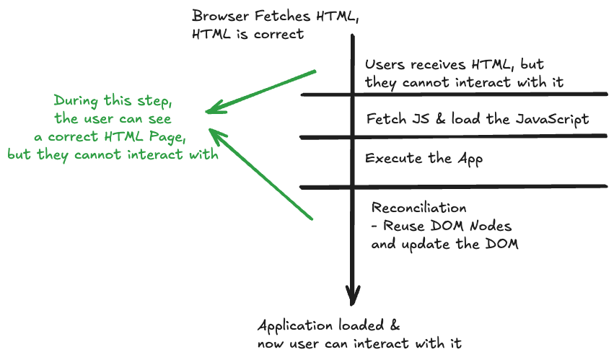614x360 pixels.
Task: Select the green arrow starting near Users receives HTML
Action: pos(260,92)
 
